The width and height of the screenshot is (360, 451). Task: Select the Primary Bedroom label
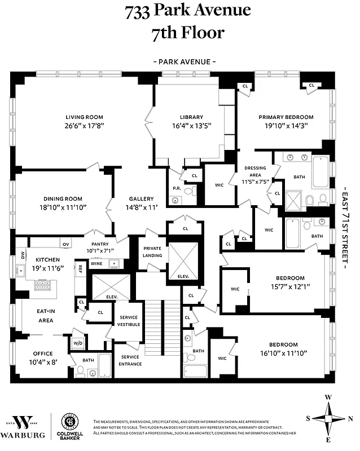(286, 117)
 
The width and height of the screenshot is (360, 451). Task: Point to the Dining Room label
(63, 198)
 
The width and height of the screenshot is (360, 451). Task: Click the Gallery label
(141, 198)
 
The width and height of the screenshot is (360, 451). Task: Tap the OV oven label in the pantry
(66, 244)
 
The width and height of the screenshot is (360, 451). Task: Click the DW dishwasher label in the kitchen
(23, 254)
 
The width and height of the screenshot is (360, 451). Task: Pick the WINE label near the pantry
(97, 263)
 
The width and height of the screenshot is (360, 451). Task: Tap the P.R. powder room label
(176, 188)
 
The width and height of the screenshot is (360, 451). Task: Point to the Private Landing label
(152, 251)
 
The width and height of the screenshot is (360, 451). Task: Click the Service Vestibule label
(129, 321)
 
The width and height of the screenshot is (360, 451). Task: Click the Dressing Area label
(255, 172)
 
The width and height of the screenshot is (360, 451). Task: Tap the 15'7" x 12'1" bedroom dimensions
(290, 286)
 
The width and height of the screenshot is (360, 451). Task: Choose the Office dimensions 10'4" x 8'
(42, 362)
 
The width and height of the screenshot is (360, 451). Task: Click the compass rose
(328, 418)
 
